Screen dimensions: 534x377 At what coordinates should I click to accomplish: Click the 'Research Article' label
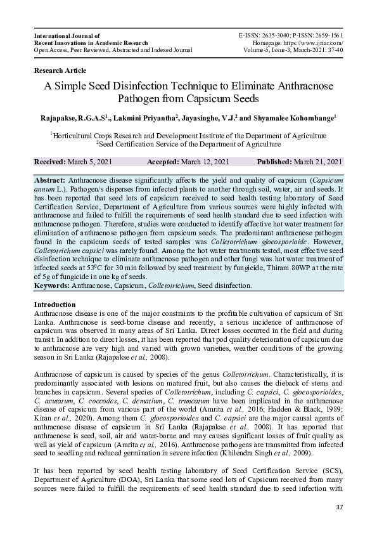coord(60,70)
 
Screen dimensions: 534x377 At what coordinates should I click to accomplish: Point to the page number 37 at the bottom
coord(339,507)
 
